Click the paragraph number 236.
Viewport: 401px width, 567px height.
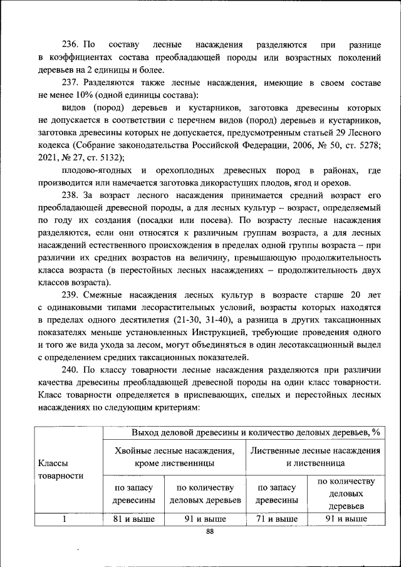tap(70, 46)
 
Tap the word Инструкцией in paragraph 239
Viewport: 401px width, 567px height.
tap(220, 331)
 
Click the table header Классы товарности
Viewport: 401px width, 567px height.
tap(61, 469)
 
